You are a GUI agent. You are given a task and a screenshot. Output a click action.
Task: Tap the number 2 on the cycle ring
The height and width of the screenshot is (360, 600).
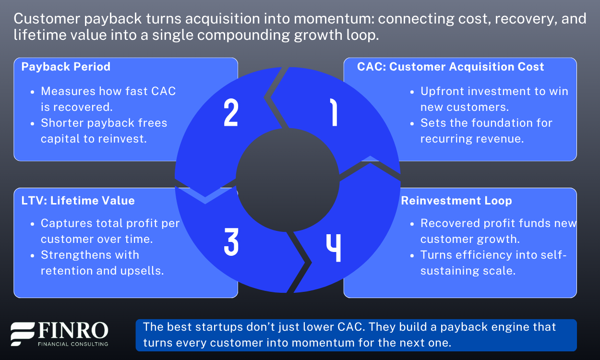(x=231, y=114)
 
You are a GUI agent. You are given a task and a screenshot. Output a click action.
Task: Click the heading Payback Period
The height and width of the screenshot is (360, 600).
(x=66, y=67)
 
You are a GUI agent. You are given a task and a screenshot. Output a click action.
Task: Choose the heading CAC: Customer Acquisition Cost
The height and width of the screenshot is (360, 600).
(x=450, y=67)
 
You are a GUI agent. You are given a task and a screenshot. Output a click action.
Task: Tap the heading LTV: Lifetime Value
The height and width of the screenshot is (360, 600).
(x=78, y=200)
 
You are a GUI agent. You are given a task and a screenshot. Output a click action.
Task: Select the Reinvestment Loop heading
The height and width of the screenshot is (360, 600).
(x=456, y=200)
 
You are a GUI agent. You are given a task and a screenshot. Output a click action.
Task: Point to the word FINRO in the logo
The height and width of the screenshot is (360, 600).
(x=72, y=331)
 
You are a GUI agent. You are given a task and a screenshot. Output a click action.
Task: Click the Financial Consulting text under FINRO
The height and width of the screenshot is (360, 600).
(x=72, y=344)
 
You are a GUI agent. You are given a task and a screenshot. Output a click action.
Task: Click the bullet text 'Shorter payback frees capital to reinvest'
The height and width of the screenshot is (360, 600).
(x=104, y=131)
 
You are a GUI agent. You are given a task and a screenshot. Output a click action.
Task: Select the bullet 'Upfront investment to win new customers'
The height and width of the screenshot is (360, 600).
(x=494, y=99)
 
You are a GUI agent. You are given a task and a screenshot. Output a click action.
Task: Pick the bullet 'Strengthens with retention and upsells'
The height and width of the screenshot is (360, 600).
(x=102, y=263)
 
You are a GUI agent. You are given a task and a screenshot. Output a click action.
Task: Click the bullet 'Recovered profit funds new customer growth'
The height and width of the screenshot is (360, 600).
(x=498, y=231)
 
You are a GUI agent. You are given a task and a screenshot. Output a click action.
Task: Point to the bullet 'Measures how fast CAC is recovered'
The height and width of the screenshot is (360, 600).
(x=108, y=98)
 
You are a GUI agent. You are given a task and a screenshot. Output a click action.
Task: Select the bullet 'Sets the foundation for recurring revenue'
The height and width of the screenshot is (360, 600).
(x=486, y=131)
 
